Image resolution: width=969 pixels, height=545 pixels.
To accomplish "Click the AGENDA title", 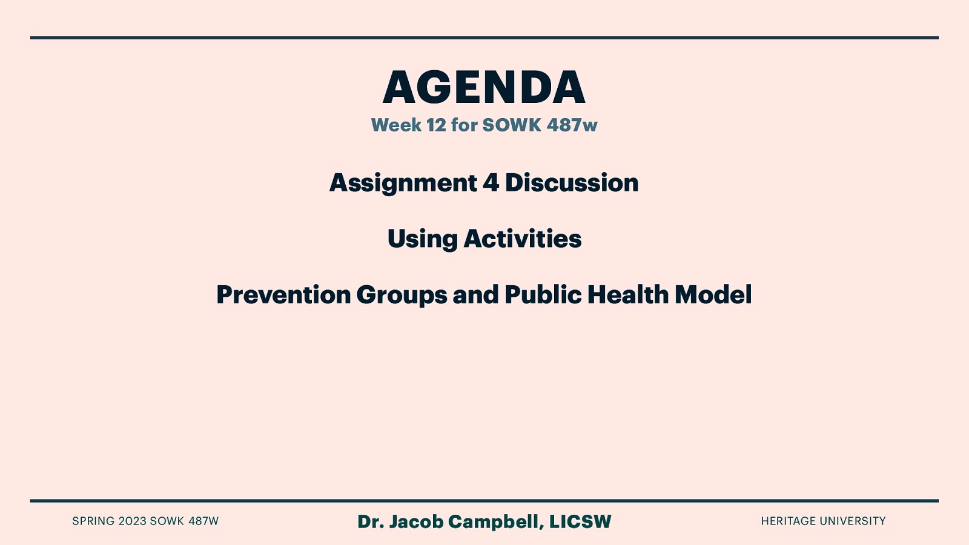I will pyautogui.click(x=484, y=88).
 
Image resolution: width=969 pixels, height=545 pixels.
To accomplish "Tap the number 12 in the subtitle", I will pyautogui.click(x=436, y=125).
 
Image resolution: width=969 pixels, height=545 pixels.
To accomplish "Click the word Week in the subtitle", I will pyautogui.click(x=396, y=125).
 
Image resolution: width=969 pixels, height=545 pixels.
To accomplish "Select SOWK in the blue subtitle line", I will pyautogui.click(x=511, y=125).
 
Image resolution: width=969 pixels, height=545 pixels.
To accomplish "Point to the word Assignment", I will pyautogui.click(x=403, y=183).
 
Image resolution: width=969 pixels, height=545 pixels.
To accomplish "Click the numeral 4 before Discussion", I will pyautogui.click(x=491, y=183).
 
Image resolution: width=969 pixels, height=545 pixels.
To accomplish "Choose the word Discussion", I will pyautogui.click(x=572, y=183).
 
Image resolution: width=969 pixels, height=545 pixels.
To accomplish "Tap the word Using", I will pyautogui.click(x=423, y=239).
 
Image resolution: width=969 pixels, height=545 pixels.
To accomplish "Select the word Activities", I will pyautogui.click(x=523, y=239).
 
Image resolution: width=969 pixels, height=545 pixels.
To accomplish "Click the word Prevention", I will pyautogui.click(x=283, y=295).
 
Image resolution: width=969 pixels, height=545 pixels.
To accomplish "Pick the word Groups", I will pyautogui.click(x=402, y=295).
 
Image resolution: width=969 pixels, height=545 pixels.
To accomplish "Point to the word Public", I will pyautogui.click(x=542, y=294).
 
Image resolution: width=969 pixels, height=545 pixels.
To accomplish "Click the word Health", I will pyautogui.click(x=627, y=294).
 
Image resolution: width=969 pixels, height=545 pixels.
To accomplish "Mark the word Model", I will pyautogui.click(x=713, y=294).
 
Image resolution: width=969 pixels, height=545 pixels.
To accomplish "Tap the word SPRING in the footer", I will pyautogui.click(x=93, y=521).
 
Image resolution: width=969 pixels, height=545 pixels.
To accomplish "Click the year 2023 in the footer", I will pyautogui.click(x=132, y=521).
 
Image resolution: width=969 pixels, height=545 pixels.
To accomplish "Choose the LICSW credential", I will pyautogui.click(x=580, y=521).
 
